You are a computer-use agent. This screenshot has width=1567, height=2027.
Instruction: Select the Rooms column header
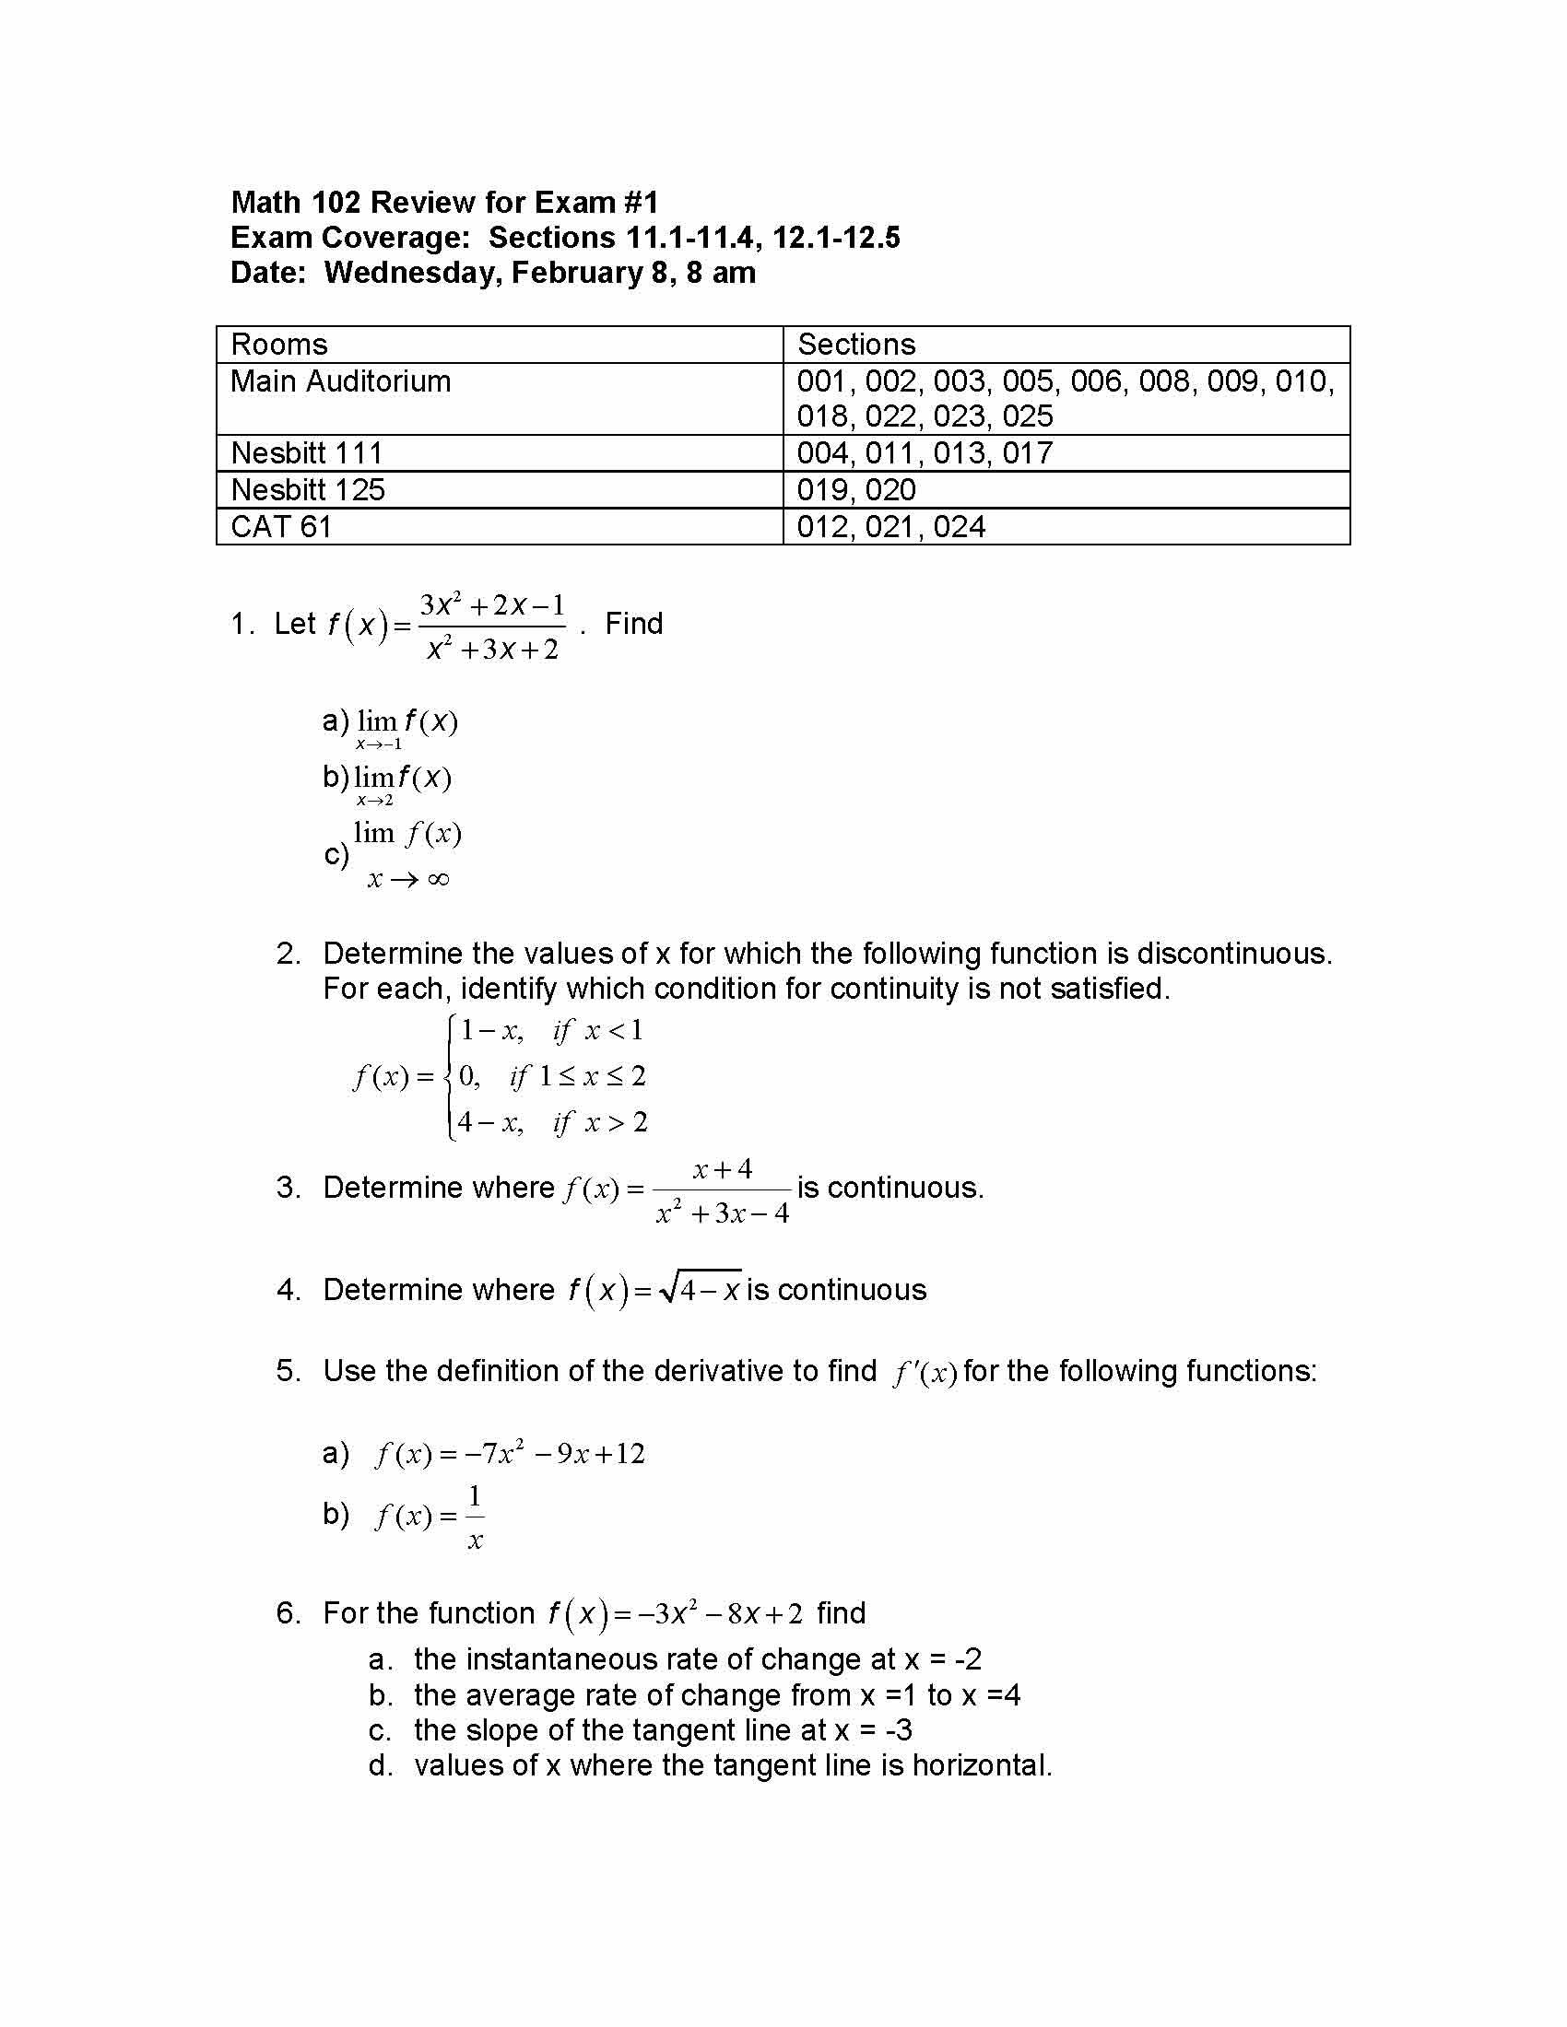tap(279, 345)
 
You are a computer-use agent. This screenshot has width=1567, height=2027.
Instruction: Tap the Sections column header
tap(856, 345)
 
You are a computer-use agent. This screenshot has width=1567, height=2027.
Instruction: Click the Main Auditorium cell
tap(341, 381)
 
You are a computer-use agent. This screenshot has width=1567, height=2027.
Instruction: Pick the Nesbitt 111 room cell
tap(306, 453)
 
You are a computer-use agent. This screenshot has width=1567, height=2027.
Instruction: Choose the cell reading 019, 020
tap(856, 490)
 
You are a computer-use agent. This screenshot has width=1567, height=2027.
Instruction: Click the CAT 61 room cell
tap(281, 526)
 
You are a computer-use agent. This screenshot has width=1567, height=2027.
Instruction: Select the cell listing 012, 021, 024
tap(890, 526)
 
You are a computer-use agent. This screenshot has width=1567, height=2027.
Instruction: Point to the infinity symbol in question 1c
tap(439, 879)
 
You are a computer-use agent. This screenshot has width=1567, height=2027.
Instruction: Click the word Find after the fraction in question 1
tap(634, 624)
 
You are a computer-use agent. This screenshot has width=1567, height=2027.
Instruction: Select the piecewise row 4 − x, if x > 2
tap(551, 1123)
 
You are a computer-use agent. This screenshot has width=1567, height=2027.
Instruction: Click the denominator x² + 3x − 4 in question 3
tap(723, 1213)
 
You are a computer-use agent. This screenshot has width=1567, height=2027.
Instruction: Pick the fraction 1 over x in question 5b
tap(475, 1517)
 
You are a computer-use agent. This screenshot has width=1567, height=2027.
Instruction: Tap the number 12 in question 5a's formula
tap(629, 1453)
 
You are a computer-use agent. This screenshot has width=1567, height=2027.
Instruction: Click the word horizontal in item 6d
tap(982, 1764)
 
